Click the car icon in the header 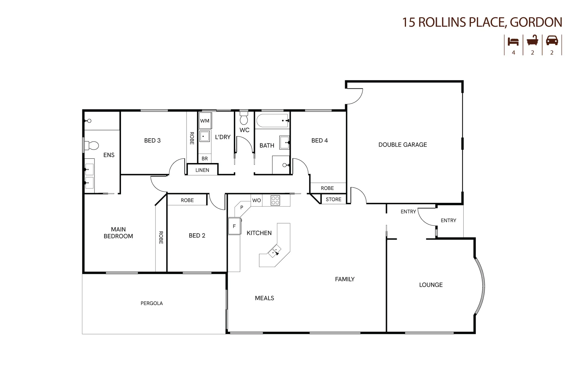pyautogui.click(x=552, y=41)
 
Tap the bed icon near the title pyautogui.click(x=513, y=42)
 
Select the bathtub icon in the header pyautogui.click(x=532, y=41)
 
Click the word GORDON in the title pyautogui.click(x=536, y=22)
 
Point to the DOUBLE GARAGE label pyautogui.click(x=403, y=145)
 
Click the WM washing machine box pyautogui.click(x=205, y=120)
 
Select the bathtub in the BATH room pyautogui.click(x=272, y=120)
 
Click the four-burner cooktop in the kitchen pyautogui.click(x=275, y=200)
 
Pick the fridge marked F pyautogui.click(x=235, y=226)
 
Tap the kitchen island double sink pyautogui.click(x=275, y=251)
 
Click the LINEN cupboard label pyautogui.click(x=202, y=170)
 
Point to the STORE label pyautogui.click(x=334, y=199)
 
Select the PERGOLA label pyautogui.click(x=152, y=303)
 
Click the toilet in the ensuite pyautogui.click(x=91, y=146)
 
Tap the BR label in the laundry pyautogui.click(x=204, y=159)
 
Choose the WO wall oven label pyautogui.click(x=256, y=200)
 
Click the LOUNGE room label pyautogui.click(x=431, y=285)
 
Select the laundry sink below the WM pyautogui.click(x=204, y=136)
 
